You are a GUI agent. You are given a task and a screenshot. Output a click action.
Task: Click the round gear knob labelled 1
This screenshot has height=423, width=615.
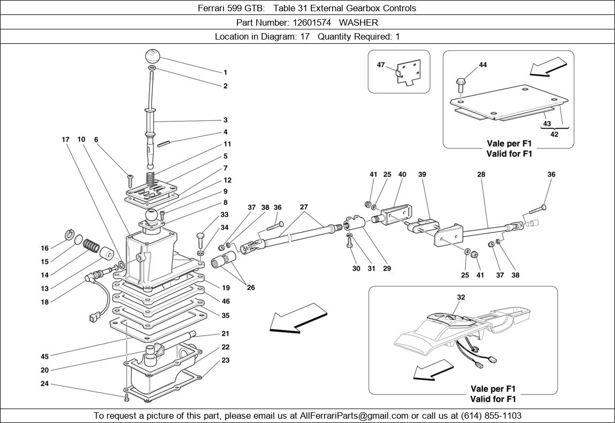click(x=152, y=56)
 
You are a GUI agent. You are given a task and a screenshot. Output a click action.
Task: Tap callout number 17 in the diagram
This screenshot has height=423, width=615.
click(x=66, y=140)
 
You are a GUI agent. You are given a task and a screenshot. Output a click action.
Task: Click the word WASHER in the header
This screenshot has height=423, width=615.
click(x=358, y=22)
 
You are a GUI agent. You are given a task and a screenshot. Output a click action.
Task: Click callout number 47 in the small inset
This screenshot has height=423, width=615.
click(x=381, y=65)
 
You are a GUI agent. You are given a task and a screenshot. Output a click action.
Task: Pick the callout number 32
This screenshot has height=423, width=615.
click(x=461, y=297)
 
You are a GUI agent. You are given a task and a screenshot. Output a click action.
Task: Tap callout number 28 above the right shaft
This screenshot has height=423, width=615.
click(x=481, y=174)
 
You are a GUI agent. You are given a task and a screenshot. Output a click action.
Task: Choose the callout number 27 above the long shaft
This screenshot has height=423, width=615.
click(x=304, y=207)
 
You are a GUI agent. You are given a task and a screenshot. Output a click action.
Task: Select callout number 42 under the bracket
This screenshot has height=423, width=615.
click(x=554, y=134)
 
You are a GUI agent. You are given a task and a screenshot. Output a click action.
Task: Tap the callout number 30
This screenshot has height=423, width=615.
click(x=356, y=268)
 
